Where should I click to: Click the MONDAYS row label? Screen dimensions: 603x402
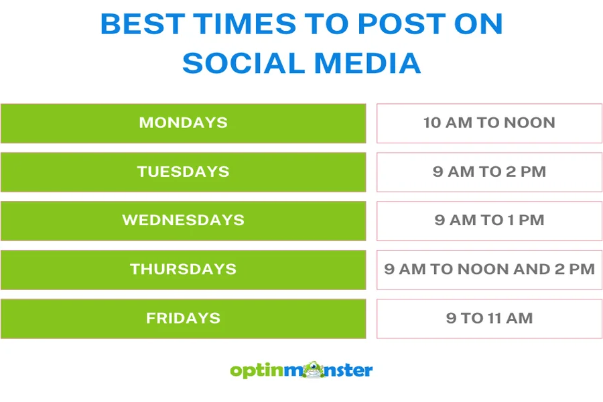click(x=183, y=123)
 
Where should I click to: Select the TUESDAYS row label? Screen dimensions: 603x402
click(x=183, y=172)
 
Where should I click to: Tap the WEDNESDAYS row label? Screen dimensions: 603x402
click(x=183, y=220)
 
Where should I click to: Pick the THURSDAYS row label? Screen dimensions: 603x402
click(x=183, y=269)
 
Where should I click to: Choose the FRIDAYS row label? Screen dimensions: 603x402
click(x=183, y=318)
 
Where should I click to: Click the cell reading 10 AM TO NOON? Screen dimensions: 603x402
click(x=489, y=123)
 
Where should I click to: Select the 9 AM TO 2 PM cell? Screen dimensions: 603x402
click(x=489, y=172)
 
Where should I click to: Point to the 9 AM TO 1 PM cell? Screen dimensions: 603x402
click(x=489, y=220)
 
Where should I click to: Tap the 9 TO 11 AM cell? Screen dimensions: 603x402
click(x=489, y=318)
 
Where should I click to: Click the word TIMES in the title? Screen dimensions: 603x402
click(x=245, y=24)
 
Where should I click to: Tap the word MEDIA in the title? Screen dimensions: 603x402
click(x=368, y=63)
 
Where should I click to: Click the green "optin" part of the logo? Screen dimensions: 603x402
click(x=257, y=371)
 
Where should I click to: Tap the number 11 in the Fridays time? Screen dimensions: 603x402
click(x=494, y=318)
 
